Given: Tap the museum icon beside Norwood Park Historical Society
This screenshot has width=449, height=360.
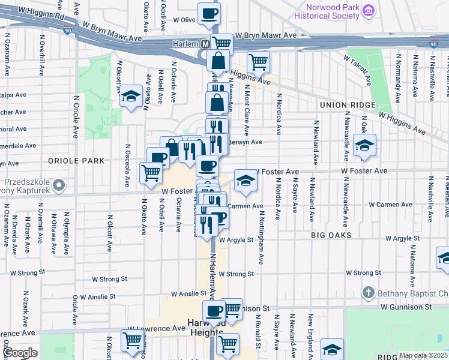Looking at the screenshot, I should (x=370, y=10).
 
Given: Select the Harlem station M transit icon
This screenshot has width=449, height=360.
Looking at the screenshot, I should (x=205, y=44).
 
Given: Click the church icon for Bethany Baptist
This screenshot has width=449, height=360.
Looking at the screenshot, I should (x=369, y=293).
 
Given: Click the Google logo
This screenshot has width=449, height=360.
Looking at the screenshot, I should (x=20, y=352).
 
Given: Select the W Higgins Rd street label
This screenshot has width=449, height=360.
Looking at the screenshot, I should (x=41, y=11).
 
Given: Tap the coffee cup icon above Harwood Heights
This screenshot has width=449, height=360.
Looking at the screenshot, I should (x=214, y=311).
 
